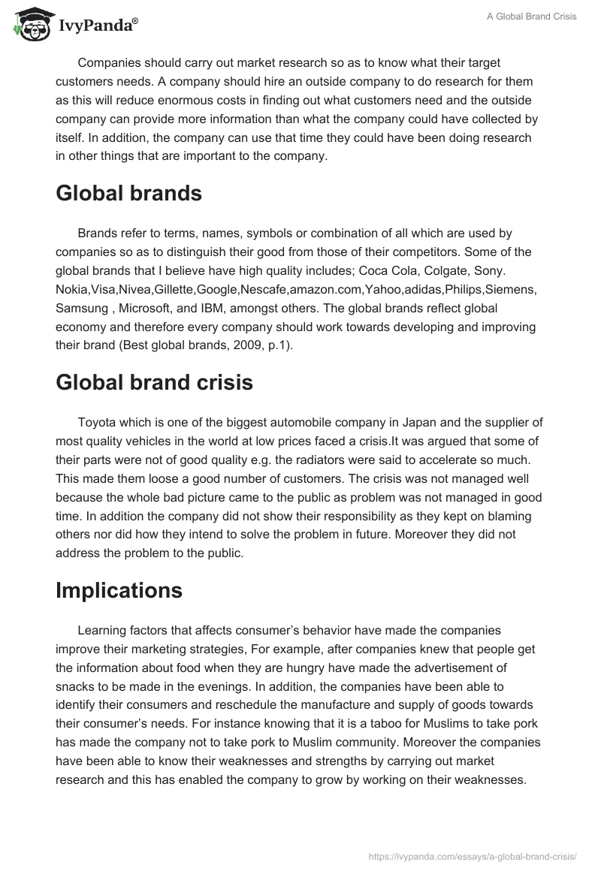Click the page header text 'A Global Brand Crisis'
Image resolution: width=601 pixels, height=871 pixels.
point(528,17)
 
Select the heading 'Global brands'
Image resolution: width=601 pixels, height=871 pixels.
point(128,193)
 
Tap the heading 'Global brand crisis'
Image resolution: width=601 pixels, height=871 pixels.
point(154,382)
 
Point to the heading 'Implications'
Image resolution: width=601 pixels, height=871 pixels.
point(119,590)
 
